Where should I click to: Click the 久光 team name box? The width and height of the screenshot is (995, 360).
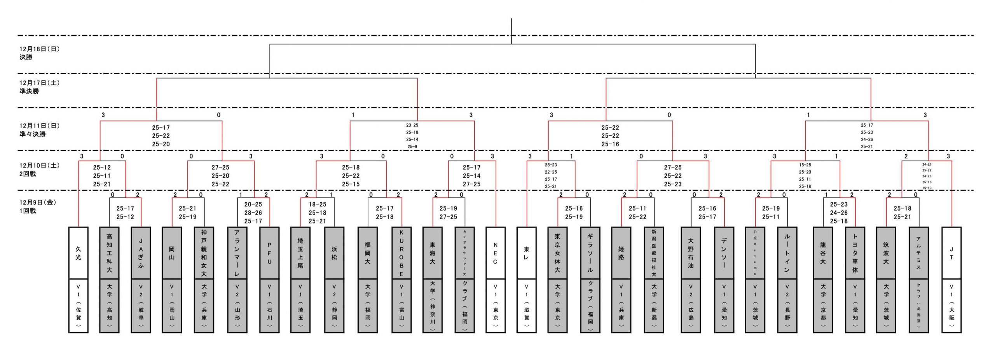point(79,253)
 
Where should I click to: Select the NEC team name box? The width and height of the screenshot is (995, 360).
point(496,253)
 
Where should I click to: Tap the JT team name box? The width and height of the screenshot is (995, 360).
point(951,253)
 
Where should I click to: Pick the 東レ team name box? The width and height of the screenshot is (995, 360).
point(526,253)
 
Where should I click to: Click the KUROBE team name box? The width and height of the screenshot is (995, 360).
point(401,253)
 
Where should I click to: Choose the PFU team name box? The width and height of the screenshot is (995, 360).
point(269,253)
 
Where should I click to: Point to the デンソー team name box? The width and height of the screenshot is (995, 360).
point(724,253)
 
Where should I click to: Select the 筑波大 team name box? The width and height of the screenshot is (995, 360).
point(886,253)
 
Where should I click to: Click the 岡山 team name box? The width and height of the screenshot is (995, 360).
point(172,253)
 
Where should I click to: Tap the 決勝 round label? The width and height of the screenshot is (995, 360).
point(26,57)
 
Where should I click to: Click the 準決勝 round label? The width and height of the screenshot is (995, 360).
point(30,91)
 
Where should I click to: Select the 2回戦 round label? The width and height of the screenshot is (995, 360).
point(28,174)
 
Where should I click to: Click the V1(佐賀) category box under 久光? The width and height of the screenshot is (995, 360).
point(79,306)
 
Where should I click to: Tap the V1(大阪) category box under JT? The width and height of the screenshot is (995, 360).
point(951,306)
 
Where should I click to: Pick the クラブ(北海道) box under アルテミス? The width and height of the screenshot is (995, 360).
point(918,306)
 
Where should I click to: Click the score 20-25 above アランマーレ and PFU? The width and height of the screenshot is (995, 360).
point(253,204)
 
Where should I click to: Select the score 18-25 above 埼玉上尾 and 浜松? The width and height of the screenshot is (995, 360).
point(318,204)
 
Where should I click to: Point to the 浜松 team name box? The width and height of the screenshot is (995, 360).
point(334,253)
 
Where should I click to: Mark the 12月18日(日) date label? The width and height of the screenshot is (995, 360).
point(40,49)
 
